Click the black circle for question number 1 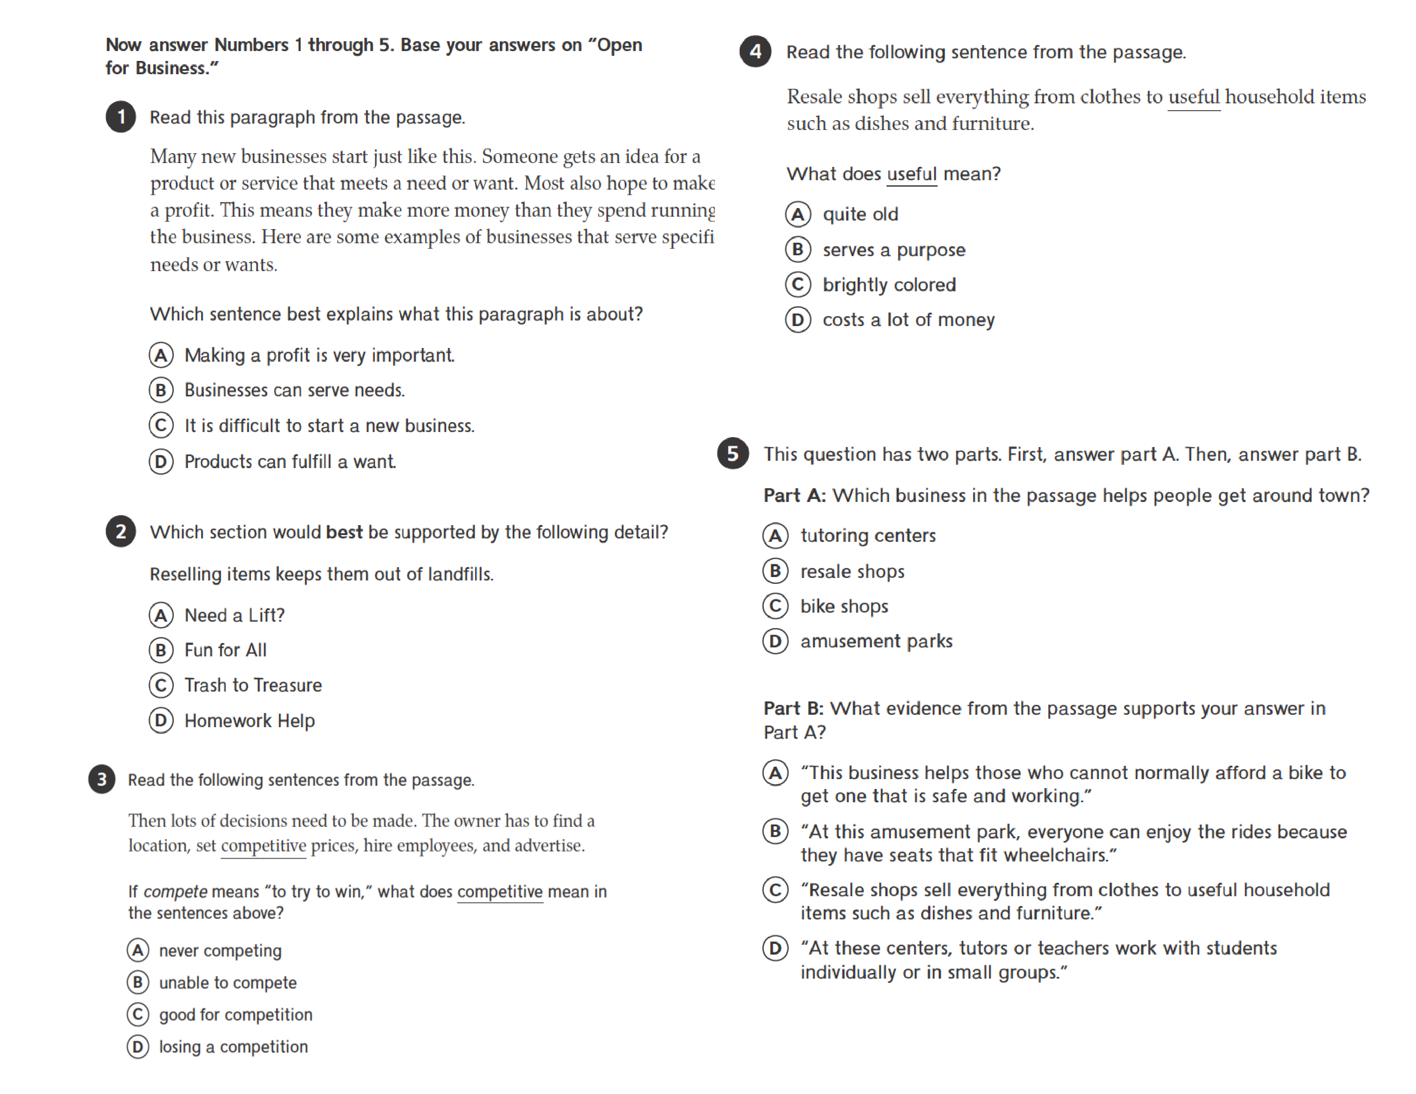point(121,117)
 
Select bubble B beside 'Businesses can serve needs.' point(161,390)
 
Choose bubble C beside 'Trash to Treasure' point(161,685)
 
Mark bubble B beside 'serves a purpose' point(798,250)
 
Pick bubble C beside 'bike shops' point(775,606)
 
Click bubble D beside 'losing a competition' point(137,1047)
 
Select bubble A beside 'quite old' point(798,214)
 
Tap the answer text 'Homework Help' point(250,721)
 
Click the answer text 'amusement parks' point(876,641)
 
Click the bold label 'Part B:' point(793,708)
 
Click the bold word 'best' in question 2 point(344,532)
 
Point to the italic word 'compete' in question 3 point(175,892)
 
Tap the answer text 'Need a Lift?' point(234,615)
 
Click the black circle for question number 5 point(732,453)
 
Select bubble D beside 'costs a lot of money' point(798,320)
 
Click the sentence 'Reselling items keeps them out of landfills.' point(321,574)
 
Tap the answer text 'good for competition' point(235,1014)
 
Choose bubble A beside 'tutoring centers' point(775,535)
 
